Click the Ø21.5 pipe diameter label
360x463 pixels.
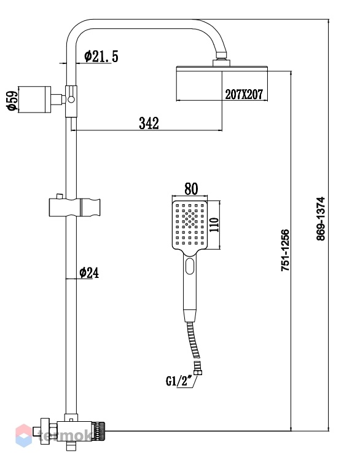tap(101, 56)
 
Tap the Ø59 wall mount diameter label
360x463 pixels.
tap(13, 100)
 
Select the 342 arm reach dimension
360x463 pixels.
tap(149, 123)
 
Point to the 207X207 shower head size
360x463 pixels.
tap(244, 95)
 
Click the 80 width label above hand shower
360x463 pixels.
tap(191, 189)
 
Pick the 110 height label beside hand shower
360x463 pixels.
tap(214, 225)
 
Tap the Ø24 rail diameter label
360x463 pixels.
tap(89, 272)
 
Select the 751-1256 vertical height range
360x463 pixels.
tap(285, 250)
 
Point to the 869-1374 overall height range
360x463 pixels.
tap(321, 218)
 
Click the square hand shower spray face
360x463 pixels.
tap(190, 224)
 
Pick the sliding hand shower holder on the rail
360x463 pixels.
tap(74, 207)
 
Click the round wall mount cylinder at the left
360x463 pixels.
tap(34, 100)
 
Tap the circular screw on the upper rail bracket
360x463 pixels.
tap(71, 100)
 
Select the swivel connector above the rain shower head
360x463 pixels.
tap(221, 59)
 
